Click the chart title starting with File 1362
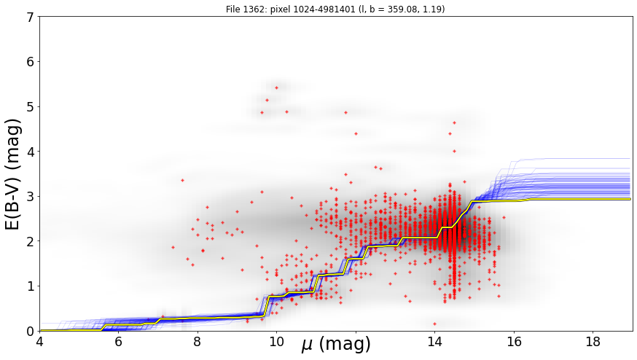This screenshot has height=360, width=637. click(335, 9)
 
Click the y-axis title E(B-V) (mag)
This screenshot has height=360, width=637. click(13, 174)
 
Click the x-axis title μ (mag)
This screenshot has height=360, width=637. click(336, 344)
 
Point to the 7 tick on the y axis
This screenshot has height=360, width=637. click(31, 17)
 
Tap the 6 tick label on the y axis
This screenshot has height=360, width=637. click(31, 62)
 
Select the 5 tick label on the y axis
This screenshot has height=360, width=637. click(31, 107)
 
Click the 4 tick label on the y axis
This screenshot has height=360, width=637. click(31, 152)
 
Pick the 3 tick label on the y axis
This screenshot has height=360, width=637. click(31, 197)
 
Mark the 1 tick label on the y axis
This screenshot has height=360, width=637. click(31, 286)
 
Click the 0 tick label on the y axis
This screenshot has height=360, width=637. click(31, 331)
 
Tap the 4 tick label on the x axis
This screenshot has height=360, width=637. click(39, 342)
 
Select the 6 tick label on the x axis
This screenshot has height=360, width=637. click(118, 342)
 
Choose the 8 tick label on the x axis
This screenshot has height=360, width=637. click(198, 342)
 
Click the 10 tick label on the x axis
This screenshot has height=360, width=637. click(277, 342)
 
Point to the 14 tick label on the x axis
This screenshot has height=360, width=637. click(434, 342)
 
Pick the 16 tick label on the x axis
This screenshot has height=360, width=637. click(514, 342)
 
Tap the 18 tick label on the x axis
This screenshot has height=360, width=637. click(593, 342)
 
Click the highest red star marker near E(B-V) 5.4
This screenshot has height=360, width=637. click(277, 87)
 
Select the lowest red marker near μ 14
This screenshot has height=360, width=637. click(434, 324)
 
